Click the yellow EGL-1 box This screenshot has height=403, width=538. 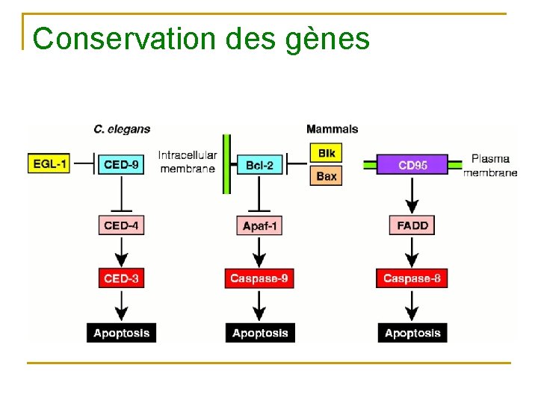[x=49, y=163]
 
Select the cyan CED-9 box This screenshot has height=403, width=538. [x=121, y=163]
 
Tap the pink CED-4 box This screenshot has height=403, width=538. [x=121, y=225]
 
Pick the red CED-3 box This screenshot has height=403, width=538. [x=121, y=278]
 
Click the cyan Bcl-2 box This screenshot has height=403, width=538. [x=259, y=164]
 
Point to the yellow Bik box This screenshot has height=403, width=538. [x=327, y=153]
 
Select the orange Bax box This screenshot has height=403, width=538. [x=327, y=175]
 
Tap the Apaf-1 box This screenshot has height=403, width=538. [x=259, y=225]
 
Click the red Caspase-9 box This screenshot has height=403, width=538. [x=259, y=278]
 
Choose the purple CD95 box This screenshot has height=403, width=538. [x=412, y=164]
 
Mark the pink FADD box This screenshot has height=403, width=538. [x=412, y=225]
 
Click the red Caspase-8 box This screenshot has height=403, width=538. [x=412, y=278]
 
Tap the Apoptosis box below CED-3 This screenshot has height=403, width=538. [x=121, y=333]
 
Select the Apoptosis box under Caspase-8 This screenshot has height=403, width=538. [x=412, y=333]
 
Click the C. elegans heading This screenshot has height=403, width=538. [x=122, y=129]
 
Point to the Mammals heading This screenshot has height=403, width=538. [x=333, y=129]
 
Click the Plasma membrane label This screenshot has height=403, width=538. [x=490, y=165]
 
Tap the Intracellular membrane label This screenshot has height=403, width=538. [x=188, y=162]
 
